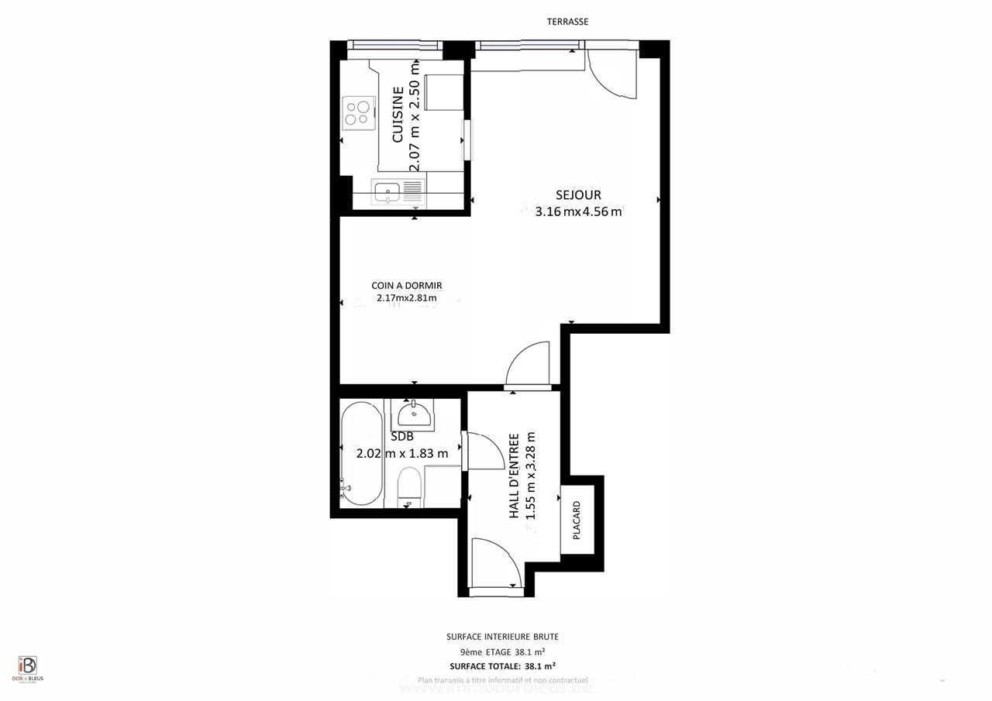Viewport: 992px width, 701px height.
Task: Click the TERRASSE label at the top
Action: (x=567, y=22)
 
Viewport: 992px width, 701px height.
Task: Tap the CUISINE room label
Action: (x=398, y=115)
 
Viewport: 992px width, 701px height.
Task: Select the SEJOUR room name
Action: (x=578, y=195)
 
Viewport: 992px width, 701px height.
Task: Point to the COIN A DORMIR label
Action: (x=406, y=286)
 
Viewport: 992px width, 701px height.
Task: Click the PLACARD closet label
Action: (x=577, y=520)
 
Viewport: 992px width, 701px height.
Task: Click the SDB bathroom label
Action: (x=402, y=437)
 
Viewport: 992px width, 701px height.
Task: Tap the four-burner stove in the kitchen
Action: (x=357, y=114)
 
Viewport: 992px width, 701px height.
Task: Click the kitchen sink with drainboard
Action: (x=398, y=191)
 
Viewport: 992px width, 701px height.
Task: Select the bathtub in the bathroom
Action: (x=362, y=453)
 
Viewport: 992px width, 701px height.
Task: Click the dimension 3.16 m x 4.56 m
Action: (x=578, y=212)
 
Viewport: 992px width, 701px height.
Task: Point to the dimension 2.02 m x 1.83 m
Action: (x=402, y=454)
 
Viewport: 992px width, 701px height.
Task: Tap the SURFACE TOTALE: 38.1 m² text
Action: (x=502, y=665)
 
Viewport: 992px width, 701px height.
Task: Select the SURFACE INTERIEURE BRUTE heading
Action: (x=502, y=637)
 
